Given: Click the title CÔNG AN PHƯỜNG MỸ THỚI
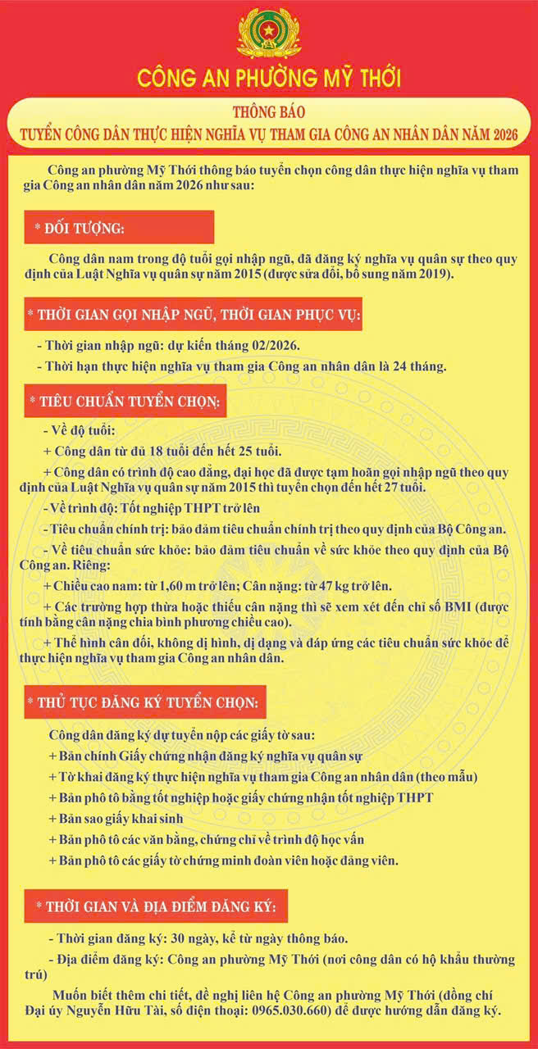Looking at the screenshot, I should tap(269, 79).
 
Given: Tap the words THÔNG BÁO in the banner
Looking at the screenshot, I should tap(269, 112).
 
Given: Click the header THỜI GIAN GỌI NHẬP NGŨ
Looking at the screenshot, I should tap(193, 315).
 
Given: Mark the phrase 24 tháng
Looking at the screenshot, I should tap(422, 366).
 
